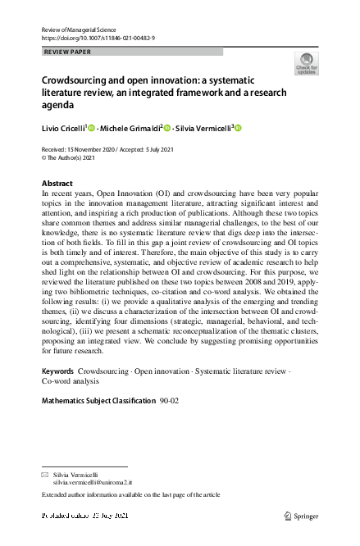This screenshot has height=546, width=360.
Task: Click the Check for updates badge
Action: tap(306, 63)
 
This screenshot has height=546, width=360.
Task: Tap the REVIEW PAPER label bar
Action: tap(131, 52)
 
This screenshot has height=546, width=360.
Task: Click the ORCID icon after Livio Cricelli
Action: tap(92, 128)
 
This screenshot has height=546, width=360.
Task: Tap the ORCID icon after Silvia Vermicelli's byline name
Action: tap(239, 128)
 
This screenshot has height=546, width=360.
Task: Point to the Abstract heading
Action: tap(57, 183)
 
